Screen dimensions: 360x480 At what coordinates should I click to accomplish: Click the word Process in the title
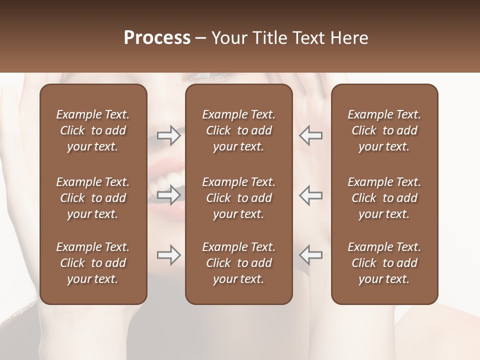point(157,38)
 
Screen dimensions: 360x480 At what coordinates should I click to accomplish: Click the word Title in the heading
point(270,38)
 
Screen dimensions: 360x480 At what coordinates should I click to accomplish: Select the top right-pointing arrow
point(169,135)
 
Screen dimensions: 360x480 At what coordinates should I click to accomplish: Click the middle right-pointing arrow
point(169,194)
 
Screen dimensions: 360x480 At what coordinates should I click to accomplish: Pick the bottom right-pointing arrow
point(169,255)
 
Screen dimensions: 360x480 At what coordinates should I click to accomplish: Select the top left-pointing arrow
point(310,135)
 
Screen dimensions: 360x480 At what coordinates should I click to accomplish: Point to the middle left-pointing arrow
point(310,194)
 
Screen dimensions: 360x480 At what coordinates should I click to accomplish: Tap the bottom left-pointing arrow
point(310,255)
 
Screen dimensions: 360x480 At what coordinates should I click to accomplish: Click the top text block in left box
point(93,130)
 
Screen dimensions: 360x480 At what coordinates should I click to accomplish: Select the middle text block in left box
point(93,198)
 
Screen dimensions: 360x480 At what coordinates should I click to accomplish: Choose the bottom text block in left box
point(93,263)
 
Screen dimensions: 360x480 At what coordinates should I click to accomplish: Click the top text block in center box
point(239,130)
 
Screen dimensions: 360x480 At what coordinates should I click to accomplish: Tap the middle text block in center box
point(239,198)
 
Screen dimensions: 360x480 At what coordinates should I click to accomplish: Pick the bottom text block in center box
point(239,263)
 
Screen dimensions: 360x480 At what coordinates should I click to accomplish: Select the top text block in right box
point(384,130)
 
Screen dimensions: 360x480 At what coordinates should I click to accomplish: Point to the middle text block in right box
point(384,198)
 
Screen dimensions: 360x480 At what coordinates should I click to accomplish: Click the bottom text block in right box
point(384,263)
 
